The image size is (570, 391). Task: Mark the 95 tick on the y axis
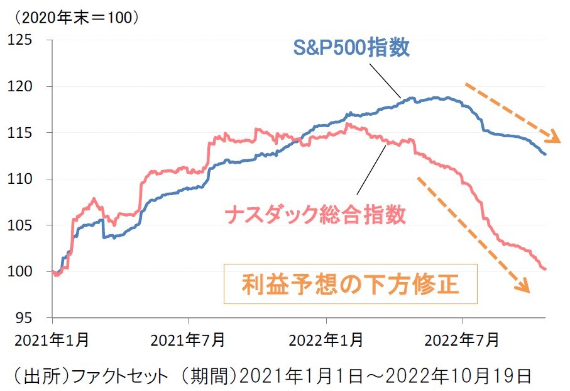[x=29, y=317]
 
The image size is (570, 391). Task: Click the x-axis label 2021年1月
[x=52, y=340]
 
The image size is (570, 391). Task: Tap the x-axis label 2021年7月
[x=188, y=340]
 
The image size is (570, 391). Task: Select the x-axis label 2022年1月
[x=326, y=340]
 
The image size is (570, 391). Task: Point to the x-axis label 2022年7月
[x=462, y=340]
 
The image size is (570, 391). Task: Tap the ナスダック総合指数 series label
[x=315, y=215]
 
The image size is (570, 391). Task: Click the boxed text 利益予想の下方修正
[x=351, y=284]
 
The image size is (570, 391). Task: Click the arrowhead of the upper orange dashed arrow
[x=554, y=137]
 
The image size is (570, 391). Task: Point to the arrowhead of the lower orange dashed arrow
[x=523, y=287]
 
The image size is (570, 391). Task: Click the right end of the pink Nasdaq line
[x=545, y=269]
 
